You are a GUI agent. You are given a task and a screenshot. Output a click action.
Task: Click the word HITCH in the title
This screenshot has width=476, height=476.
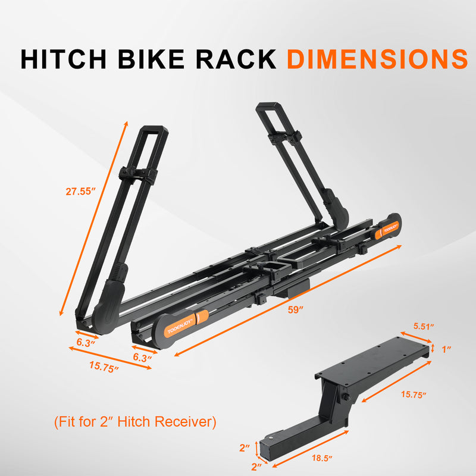(64, 58)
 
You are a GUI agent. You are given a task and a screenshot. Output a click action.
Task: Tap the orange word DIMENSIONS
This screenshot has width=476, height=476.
(378, 58)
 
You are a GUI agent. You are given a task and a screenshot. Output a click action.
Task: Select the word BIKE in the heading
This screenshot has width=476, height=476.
(151, 58)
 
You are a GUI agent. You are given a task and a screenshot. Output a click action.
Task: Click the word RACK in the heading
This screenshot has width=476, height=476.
(236, 58)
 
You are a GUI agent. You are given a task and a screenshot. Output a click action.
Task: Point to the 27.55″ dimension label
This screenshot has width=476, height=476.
(81, 192)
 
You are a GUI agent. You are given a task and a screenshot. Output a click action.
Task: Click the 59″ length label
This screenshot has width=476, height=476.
(295, 310)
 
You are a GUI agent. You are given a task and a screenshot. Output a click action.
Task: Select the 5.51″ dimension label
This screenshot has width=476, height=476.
(424, 327)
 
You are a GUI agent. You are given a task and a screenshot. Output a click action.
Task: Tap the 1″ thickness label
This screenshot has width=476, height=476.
(446, 349)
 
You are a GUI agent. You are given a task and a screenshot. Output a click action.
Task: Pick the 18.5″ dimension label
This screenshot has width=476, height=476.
(322, 458)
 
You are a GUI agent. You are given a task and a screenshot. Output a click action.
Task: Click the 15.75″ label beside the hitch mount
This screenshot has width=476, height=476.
(414, 394)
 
